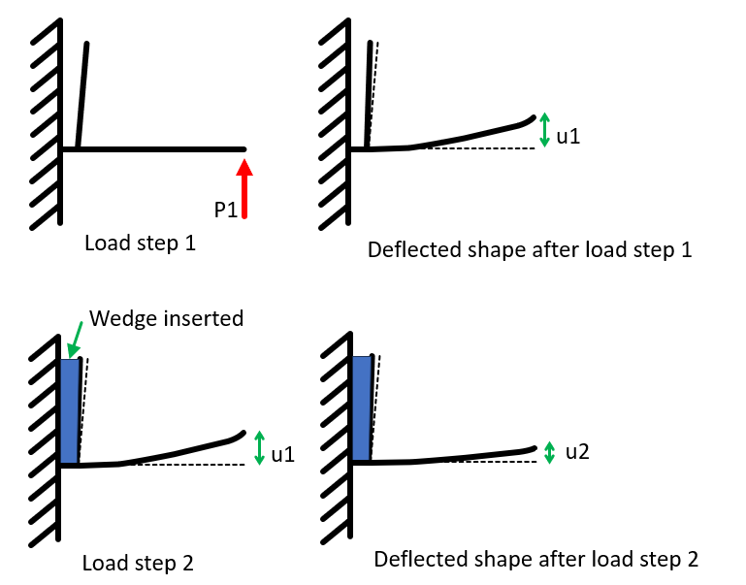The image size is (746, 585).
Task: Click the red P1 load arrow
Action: [x=244, y=190]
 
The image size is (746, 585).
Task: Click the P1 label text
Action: [x=226, y=209]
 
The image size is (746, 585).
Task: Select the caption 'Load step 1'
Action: [x=141, y=243]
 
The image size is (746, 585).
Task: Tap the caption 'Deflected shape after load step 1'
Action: [x=530, y=249]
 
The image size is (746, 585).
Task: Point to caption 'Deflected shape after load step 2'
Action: [x=535, y=560]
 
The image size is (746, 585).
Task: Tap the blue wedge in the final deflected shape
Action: [x=362, y=408]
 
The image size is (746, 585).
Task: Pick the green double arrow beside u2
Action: [x=550, y=452]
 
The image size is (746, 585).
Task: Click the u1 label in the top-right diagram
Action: [x=568, y=136]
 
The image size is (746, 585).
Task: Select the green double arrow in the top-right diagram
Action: [x=545, y=130]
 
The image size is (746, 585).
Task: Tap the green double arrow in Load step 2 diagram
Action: [x=258, y=447]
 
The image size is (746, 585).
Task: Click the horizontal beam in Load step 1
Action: [x=155, y=149]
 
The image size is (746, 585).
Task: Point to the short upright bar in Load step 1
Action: [x=82, y=97]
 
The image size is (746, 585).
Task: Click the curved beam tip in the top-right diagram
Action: [x=529, y=119]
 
